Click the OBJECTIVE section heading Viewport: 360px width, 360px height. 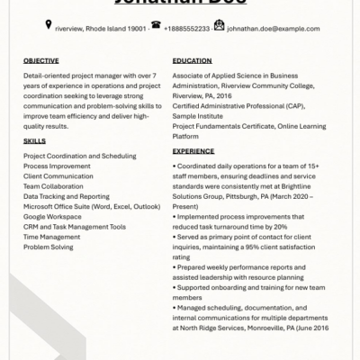click(x=40, y=60)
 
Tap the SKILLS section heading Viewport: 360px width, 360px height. click(x=34, y=141)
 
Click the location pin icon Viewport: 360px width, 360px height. click(x=49, y=27)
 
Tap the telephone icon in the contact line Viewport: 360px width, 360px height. click(x=156, y=27)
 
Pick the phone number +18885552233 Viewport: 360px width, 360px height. click(x=187, y=28)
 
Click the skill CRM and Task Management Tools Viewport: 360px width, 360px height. click(x=75, y=226)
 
